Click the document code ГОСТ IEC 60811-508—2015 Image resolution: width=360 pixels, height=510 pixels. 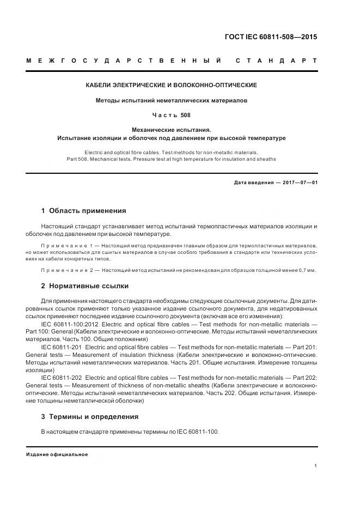(271, 38)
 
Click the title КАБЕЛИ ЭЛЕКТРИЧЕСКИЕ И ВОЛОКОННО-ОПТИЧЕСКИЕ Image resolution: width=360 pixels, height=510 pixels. (172, 85)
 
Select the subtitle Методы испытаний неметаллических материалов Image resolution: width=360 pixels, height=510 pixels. (172, 101)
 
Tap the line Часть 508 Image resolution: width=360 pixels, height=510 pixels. (172, 116)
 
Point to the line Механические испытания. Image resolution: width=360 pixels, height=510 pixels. (172, 130)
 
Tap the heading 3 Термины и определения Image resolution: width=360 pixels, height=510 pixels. (90, 417)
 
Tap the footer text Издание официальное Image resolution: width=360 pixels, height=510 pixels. (57, 454)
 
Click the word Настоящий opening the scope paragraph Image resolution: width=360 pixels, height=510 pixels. (57, 226)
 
